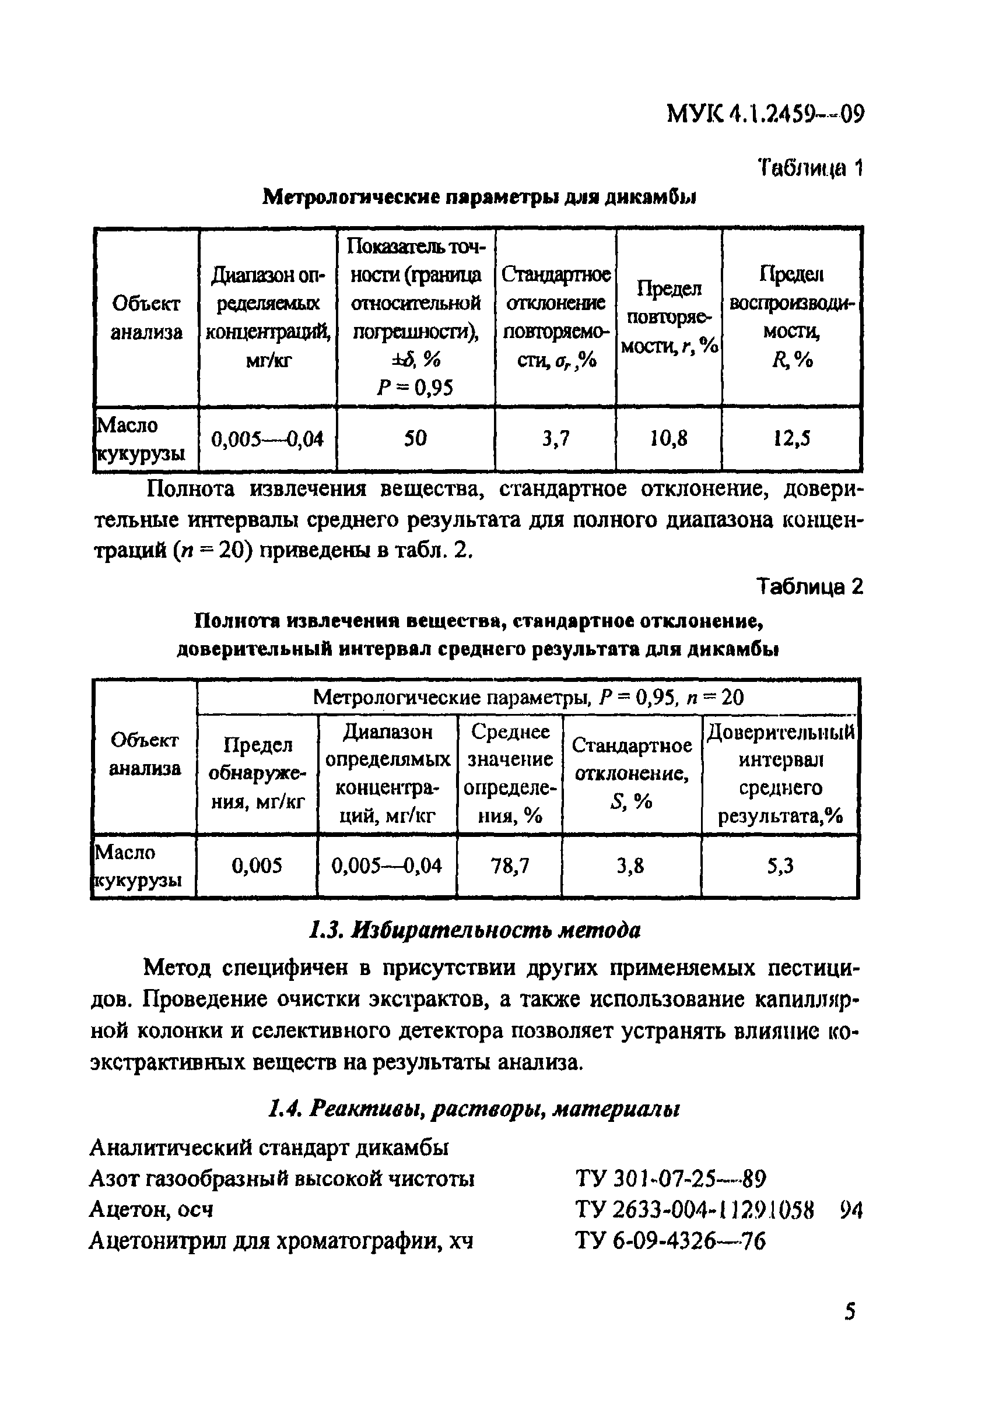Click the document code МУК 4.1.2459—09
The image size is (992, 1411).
tap(766, 114)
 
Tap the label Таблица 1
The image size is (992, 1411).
tap(810, 167)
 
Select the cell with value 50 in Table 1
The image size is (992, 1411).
tap(415, 438)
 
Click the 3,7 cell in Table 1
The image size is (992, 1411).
tap(555, 438)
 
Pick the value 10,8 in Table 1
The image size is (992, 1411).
tap(668, 438)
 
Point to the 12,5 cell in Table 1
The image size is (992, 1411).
tap(791, 438)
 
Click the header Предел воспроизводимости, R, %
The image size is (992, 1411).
tap(791, 317)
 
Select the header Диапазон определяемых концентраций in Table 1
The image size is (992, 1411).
tap(268, 317)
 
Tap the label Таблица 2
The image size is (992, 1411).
tap(809, 587)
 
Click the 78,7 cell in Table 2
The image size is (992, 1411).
tap(510, 866)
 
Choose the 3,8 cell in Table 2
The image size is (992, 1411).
tap(630, 866)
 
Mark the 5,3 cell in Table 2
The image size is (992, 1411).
tap(780, 866)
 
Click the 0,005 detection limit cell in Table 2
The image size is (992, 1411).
tap(257, 866)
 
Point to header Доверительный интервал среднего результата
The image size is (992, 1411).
tap(780, 774)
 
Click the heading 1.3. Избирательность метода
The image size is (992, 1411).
tap(474, 930)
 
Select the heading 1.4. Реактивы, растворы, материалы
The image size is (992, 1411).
tap(474, 1109)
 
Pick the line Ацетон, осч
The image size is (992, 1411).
tap(151, 1210)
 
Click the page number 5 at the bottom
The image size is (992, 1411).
tap(850, 1312)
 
